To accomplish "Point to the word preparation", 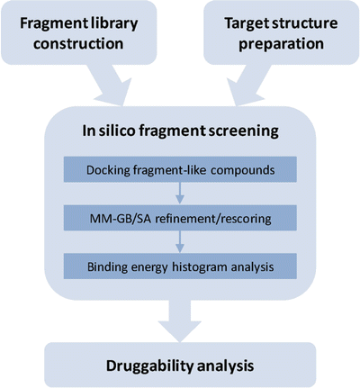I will (x=274, y=45).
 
